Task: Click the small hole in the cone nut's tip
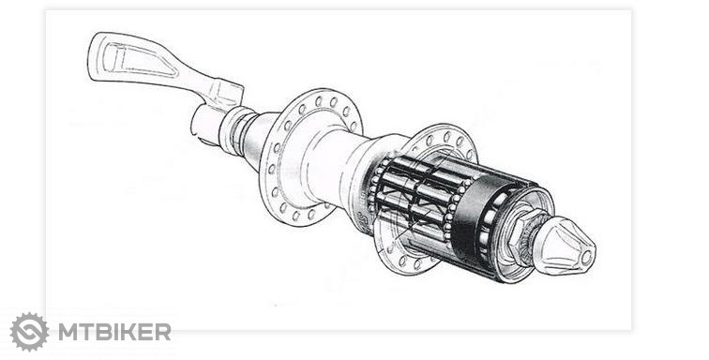pyautogui.click(x=586, y=258)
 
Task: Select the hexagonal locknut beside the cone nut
pyautogui.click(x=520, y=237)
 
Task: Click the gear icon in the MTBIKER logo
pyautogui.click(x=29, y=332)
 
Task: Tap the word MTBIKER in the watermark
pyautogui.click(x=114, y=332)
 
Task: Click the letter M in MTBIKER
pyautogui.click(x=68, y=332)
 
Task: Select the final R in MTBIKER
pyautogui.click(x=163, y=332)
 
